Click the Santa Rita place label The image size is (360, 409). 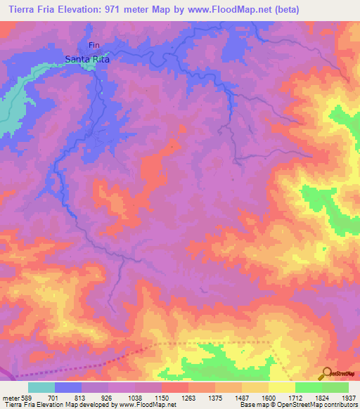(89, 60)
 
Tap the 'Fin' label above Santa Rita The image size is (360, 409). (94, 46)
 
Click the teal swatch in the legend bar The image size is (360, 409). (41, 387)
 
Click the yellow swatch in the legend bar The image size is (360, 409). (281, 387)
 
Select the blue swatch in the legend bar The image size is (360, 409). (68, 387)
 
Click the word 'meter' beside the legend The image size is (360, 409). (9, 398)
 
